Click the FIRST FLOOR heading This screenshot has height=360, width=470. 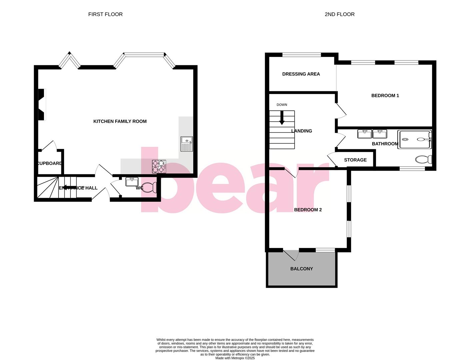tap(105, 14)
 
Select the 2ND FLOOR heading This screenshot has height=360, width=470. tap(339, 14)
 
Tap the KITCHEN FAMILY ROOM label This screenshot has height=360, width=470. tap(120, 121)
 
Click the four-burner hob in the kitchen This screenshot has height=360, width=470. tap(159, 167)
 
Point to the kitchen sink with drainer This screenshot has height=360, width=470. tap(187, 144)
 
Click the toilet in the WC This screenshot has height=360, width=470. tap(150, 188)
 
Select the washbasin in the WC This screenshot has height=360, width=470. tap(132, 182)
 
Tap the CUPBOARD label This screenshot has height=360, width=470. tap(49, 163)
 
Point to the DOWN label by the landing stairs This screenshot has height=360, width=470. tap(282, 105)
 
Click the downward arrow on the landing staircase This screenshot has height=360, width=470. tap(282, 118)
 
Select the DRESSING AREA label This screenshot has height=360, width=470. tap(301, 74)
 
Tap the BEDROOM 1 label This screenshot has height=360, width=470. tap(385, 96)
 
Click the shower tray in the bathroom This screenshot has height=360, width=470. tap(414, 139)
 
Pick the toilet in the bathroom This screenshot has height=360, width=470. tap(424, 160)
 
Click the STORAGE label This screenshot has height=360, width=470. tap(355, 160)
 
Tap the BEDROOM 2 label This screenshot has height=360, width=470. tap(308, 210)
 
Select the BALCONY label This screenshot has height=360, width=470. tap(301, 269)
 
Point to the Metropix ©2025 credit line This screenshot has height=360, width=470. tap(235, 358)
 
